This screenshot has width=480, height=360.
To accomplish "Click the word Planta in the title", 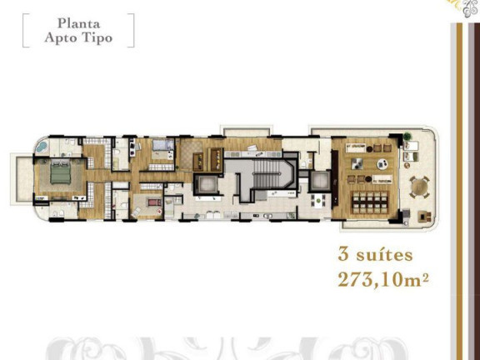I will [x=76, y=24].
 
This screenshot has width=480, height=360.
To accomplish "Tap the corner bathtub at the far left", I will [x=38, y=147].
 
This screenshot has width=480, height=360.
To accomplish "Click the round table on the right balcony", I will [x=420, y=184].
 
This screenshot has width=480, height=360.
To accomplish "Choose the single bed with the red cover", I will [x=153, y=202].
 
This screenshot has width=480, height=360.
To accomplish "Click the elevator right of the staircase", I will [x=320, y=182].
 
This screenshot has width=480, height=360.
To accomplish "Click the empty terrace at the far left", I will [x=20, y=177].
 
